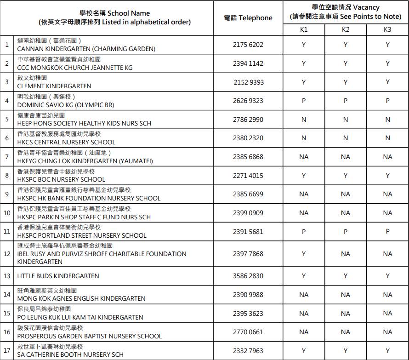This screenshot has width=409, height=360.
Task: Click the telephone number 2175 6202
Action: pos(248,45)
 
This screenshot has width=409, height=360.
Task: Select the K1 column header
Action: pos(304,29)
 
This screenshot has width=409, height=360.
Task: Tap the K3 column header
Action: pos(387,29)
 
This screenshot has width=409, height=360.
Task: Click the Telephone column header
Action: pos(248,18)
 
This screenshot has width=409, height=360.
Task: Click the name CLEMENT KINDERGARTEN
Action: pos(54,86)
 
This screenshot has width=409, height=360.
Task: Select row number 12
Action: pos(7,254)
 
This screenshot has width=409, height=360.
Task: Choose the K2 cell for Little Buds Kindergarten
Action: pos(346,276)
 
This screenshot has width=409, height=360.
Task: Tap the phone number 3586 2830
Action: pos(248,276)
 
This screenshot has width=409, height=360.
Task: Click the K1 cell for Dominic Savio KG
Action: pos(304,101)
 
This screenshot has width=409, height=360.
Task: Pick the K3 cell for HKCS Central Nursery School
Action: pos(387,138)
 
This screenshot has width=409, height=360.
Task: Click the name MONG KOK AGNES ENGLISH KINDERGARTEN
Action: pos(81,298)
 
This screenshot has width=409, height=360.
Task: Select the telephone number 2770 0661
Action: pos(248,332)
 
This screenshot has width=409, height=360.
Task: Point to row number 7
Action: pos(7,157)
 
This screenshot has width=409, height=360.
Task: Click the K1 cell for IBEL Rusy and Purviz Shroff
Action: pos(304,254)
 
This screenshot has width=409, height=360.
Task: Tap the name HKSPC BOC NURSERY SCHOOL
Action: pos(61,179)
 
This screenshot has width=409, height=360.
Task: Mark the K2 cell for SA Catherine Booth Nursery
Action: pos(346,351)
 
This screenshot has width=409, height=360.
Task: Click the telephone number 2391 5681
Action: pos(248,232)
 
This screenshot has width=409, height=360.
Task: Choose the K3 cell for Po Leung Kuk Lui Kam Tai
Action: pos(387,313)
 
